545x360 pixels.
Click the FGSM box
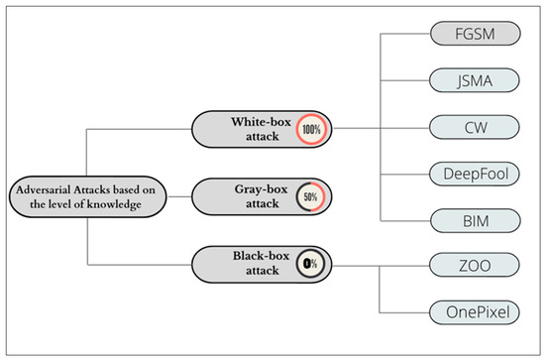coord(475,34)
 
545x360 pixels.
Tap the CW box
coord(475,127)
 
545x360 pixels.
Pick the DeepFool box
coord(475,174)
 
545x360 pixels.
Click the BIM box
coord(475,219)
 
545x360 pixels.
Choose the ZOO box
coord(475,264)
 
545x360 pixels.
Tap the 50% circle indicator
coord(310,196)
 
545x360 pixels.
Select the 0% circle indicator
coord(309,264)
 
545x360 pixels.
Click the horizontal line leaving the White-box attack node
coord(357,127)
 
